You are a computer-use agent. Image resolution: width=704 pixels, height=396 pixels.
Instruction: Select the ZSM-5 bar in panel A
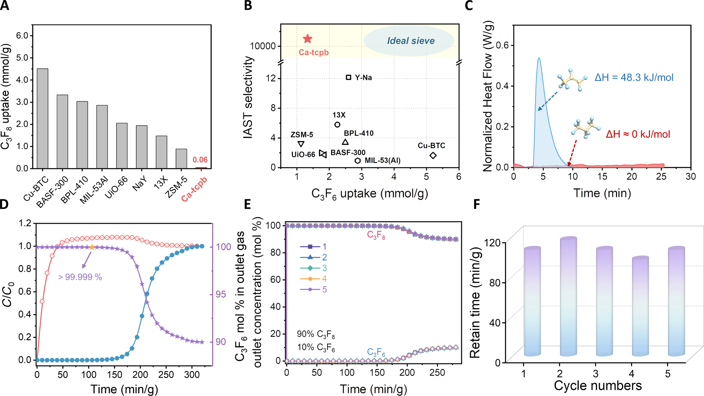181,159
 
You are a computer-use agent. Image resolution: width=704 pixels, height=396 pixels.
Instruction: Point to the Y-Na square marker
348,77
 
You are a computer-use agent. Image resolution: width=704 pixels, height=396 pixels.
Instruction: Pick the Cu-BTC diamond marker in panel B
433,155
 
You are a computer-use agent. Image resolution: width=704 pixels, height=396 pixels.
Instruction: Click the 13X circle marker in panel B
337,124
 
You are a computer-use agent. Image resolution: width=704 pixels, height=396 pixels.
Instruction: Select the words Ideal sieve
411,41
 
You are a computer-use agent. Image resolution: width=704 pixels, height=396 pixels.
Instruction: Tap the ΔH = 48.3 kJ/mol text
634,78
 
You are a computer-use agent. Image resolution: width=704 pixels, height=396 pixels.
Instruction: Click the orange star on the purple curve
92,247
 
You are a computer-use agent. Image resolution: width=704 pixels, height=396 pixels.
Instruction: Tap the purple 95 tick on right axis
221,295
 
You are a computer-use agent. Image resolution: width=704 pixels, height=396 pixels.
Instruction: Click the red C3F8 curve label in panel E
376,235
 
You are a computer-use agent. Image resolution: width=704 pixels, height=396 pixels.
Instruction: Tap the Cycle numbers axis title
597,386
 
